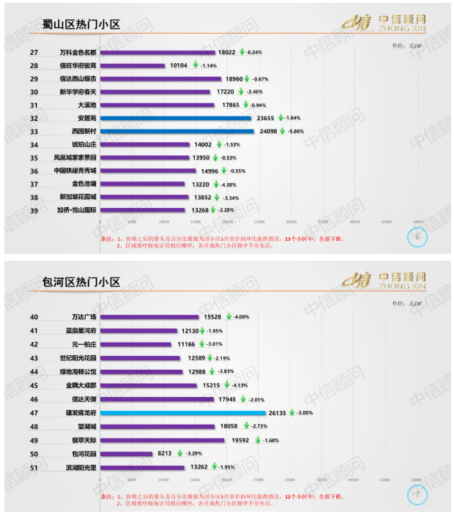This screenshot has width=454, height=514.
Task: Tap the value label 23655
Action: click(x=267, y=118)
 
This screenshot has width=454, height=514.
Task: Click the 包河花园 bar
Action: click(x=127, y=454)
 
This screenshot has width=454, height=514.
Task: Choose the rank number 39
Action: click(x=34, y=210)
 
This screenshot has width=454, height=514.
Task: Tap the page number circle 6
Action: click(x=417, y=238)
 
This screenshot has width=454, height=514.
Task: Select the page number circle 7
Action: click(x=417, y=496)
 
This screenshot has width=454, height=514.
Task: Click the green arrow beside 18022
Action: click(x=242, y=53)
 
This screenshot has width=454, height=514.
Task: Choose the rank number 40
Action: click(x=34, y=317)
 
